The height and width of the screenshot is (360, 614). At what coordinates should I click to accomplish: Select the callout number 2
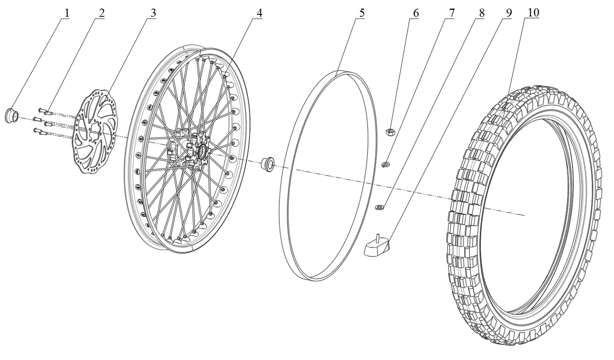pyautogui.click(x=102, y=13)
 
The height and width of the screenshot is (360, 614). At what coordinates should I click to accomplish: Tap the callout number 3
pyautogui.click(x=153, y=13)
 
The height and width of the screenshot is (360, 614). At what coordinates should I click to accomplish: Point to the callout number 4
pyautogui.click(x=259, y=13)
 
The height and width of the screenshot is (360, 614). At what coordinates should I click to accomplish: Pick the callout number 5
pyautogui.click(x=361, y=13)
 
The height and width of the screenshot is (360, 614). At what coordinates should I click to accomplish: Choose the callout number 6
pyautogui.click(x=416, y=13)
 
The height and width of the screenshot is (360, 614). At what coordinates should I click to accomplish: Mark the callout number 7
pyautogui.click(x=452, y=13)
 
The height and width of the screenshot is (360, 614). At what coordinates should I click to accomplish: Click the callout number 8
pyautogui.click(x=481, y=13)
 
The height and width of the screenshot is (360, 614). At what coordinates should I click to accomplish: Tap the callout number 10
pyautogui.click(x=533, y=13)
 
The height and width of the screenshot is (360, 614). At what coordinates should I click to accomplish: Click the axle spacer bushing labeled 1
pyautogui.click(x=11, y=115)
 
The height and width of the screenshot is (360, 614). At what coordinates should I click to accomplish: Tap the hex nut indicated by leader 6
pyautogui.click(x=390, y=132)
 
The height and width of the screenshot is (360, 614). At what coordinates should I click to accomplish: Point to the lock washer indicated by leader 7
pyautogui.click(x=386, y=164)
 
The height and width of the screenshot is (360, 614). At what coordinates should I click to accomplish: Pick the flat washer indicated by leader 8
pyautogui.click(x=380, y=207)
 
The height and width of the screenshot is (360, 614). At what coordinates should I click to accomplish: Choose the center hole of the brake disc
pyautogui.click(x=96, y=129)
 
